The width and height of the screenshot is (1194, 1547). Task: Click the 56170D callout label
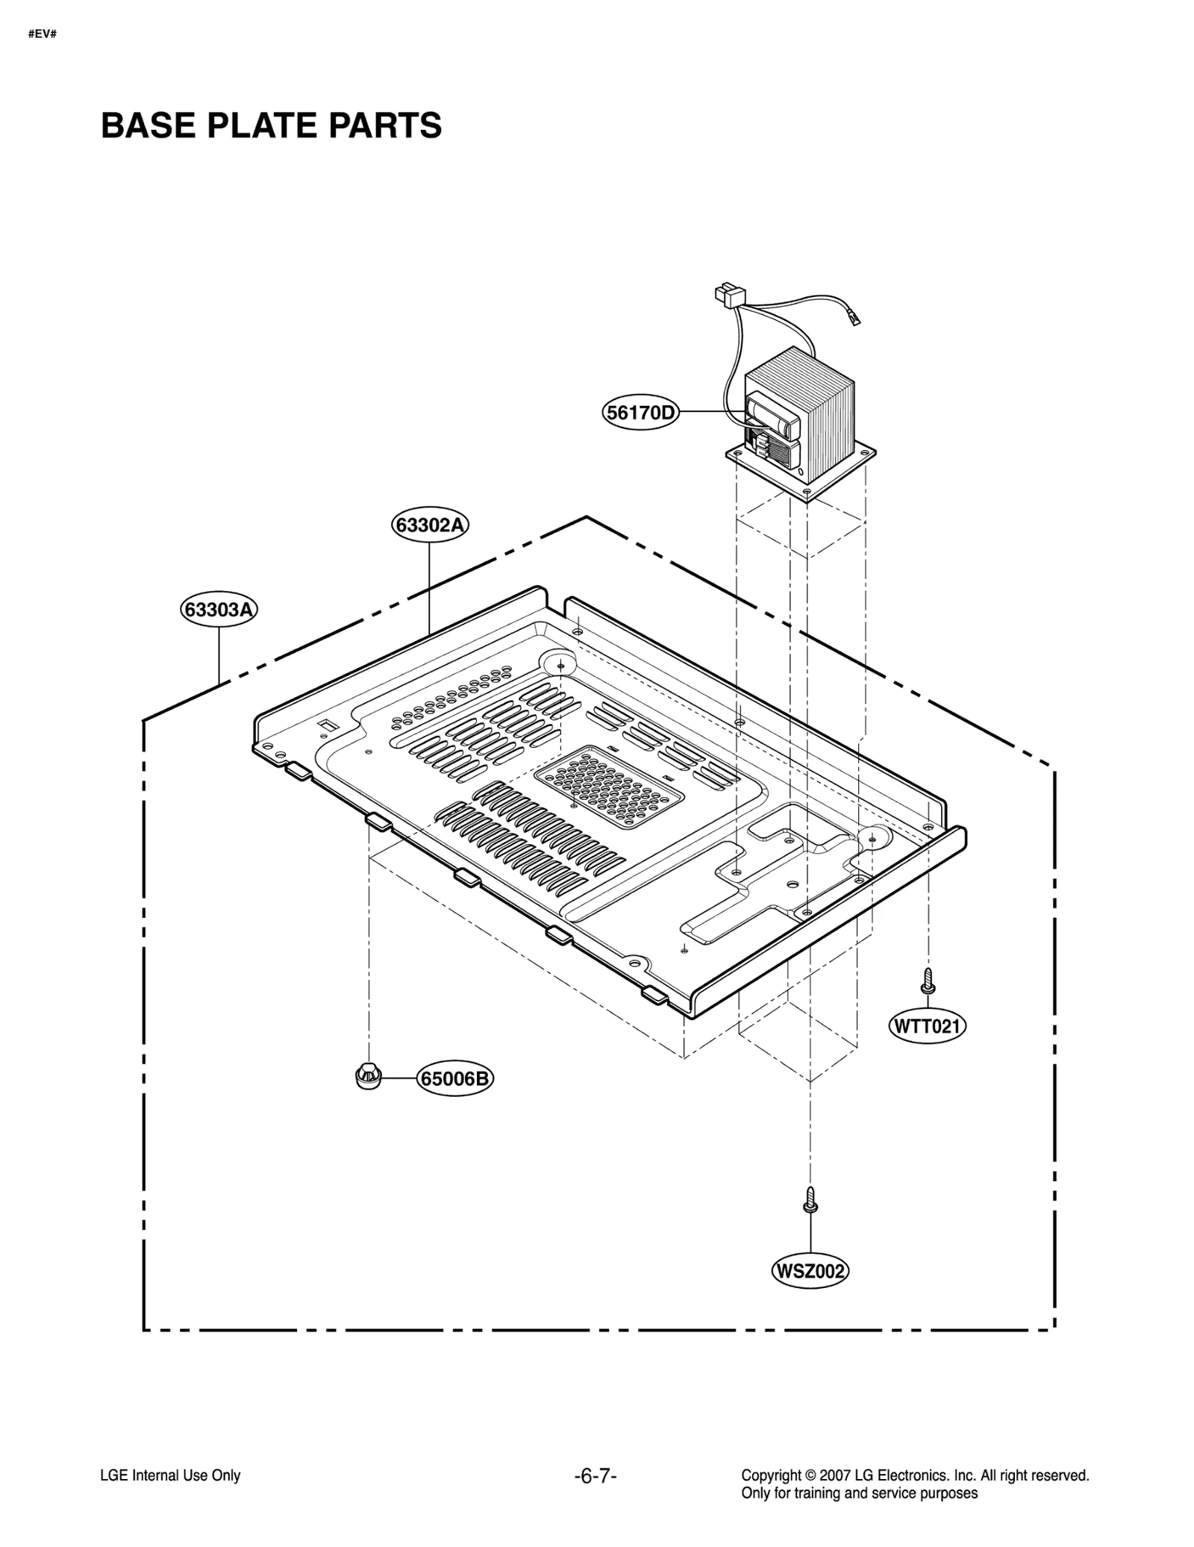[x=640, y=412]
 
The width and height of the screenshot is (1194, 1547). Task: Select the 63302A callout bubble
[x=430, y=525]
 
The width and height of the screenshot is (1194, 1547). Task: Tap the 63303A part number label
[x=219, y=610]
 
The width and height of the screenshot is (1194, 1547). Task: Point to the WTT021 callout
[x=927, y=1026]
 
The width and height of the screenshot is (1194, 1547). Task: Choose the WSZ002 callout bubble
[x=810, y=1270]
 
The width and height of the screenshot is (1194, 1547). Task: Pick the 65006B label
[x=455, y=1079]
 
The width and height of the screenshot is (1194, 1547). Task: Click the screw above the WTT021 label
[x=928, y=980]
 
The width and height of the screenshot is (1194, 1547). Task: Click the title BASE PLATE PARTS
[x=271, y=125]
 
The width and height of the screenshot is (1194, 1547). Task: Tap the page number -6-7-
[x=596, y=1475]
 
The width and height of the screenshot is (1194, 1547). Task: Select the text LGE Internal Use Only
[x=170, y=1475]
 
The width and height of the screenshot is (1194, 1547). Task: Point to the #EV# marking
[x=43, y=34]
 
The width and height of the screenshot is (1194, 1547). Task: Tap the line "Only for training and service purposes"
[x=859, y=1493]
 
